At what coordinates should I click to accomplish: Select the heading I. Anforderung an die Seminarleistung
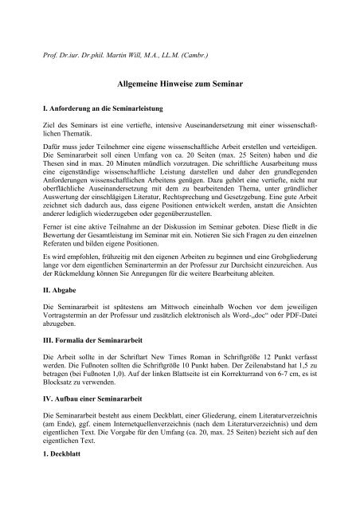(x=108, y=107)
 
